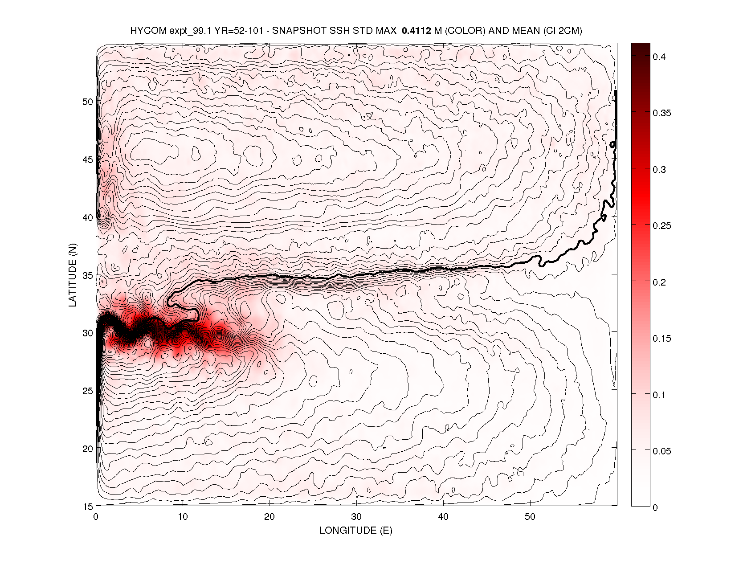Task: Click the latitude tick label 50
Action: tap(88, 102)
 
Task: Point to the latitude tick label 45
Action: tap(88, 159)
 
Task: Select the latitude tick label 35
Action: tap(88, 275)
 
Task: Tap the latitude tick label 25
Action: tap(88, 391)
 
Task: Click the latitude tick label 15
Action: tap(88, 507)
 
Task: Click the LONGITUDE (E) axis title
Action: tap(356, 530)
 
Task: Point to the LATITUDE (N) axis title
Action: tap(73, 275)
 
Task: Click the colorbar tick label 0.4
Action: tap(659, 57)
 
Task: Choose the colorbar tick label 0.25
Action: tap(661, 226)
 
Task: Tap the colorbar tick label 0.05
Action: tap(661, 451)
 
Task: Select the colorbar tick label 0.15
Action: tap(661, 339)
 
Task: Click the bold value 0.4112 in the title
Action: tap(416, 31)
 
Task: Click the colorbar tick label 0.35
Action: tap(661, 113)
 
